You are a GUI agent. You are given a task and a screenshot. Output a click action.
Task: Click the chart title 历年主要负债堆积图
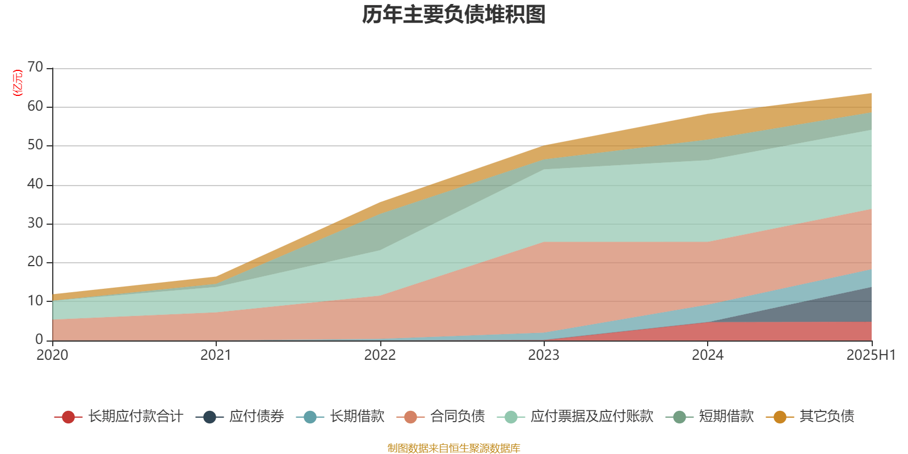coord(454,15)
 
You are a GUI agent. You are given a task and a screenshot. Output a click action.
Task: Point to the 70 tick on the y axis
coord(35,68)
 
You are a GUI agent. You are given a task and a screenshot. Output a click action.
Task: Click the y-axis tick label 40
coord(35,184)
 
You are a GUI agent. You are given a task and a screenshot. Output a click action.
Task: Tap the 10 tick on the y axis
coord(35,301)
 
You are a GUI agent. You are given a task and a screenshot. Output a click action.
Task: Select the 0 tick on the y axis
coord(39,339)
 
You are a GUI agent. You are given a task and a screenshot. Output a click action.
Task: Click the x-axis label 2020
coord(52,355)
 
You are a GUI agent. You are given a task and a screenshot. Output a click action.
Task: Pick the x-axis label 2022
coord(380,355)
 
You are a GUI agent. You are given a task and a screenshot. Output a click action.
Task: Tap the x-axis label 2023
coord(544,355)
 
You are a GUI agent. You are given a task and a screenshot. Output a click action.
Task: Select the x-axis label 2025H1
coord(870,355)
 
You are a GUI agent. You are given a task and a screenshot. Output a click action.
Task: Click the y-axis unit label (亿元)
coord(17,83)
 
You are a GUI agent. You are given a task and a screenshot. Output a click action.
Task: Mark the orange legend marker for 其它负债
coord(780,417)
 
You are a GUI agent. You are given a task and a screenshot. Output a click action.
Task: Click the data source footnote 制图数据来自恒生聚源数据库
coord(454,448)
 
